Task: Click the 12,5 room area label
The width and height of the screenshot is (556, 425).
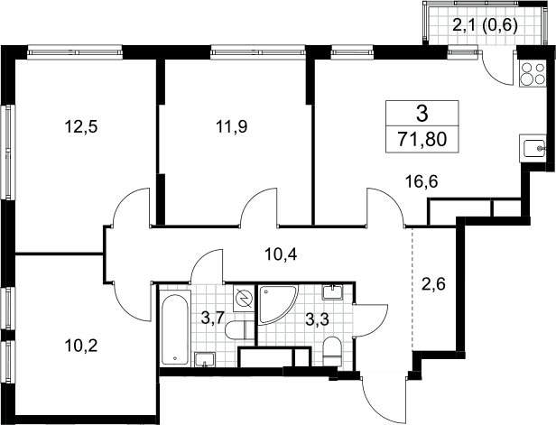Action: tap(81, 126)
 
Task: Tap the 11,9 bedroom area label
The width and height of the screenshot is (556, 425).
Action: tap(232, 126)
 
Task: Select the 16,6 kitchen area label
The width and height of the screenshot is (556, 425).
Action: tap(422, 182)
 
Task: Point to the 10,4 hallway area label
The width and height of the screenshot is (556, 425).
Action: tap(282, 254)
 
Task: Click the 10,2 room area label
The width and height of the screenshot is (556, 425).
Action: tap(81, 346)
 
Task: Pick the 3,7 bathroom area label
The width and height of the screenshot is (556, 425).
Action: tap(212, 318)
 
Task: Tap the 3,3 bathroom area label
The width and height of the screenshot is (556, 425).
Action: tap(318, 319)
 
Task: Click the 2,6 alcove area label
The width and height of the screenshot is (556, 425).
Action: tap(433, 284)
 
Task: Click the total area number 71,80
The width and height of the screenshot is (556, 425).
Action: tap(422, 140)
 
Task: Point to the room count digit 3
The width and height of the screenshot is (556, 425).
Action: tap(422, 114)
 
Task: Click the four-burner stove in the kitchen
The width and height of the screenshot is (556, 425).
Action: tap(533, 73)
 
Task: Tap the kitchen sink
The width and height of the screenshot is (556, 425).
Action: tap(533, 149)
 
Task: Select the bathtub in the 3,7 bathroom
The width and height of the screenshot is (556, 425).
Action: tap(175, 329)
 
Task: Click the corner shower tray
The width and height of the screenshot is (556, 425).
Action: tap(276, 304)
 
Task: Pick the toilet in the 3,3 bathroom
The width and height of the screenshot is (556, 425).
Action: tap(332, 351)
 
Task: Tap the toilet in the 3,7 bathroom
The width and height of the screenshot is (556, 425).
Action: tap(240, 329)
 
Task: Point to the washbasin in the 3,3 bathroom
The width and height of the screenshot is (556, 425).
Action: tap(332, 292)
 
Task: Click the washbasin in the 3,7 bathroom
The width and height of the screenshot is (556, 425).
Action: tap(205, 359)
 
